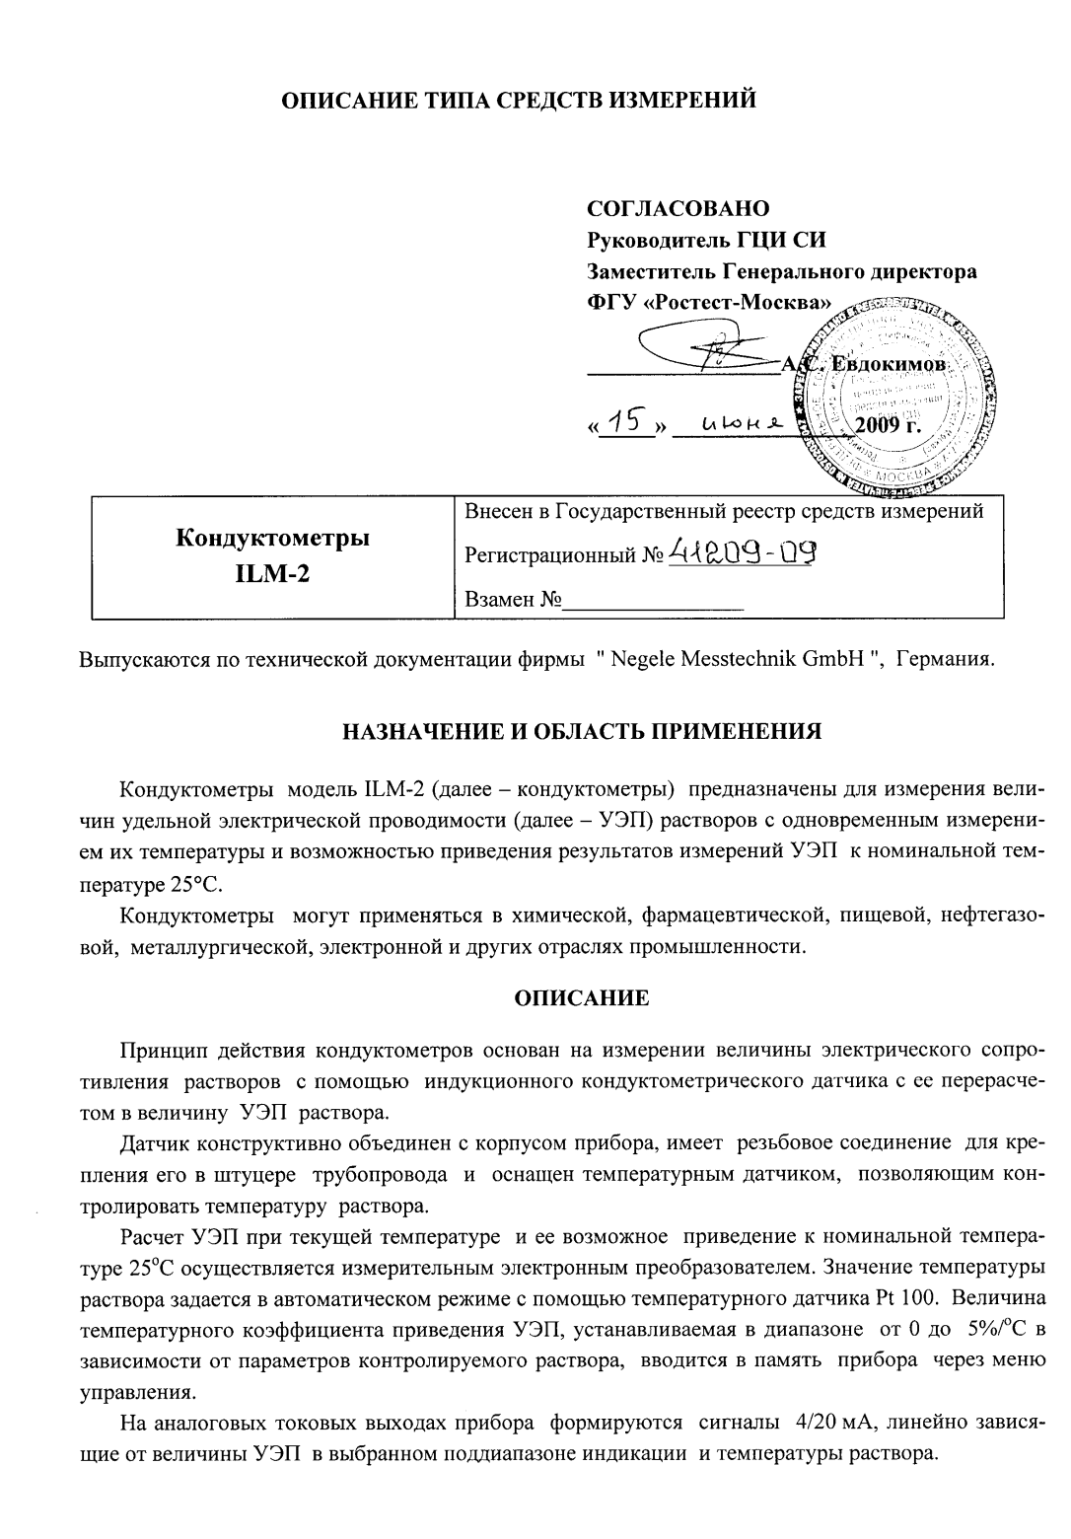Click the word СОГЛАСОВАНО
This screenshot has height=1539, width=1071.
pos(678,209)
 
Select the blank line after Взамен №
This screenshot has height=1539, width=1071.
pos(653,600)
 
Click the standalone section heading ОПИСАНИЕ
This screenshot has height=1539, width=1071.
pos(582,997)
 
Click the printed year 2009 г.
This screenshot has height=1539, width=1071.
pos(886,426)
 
